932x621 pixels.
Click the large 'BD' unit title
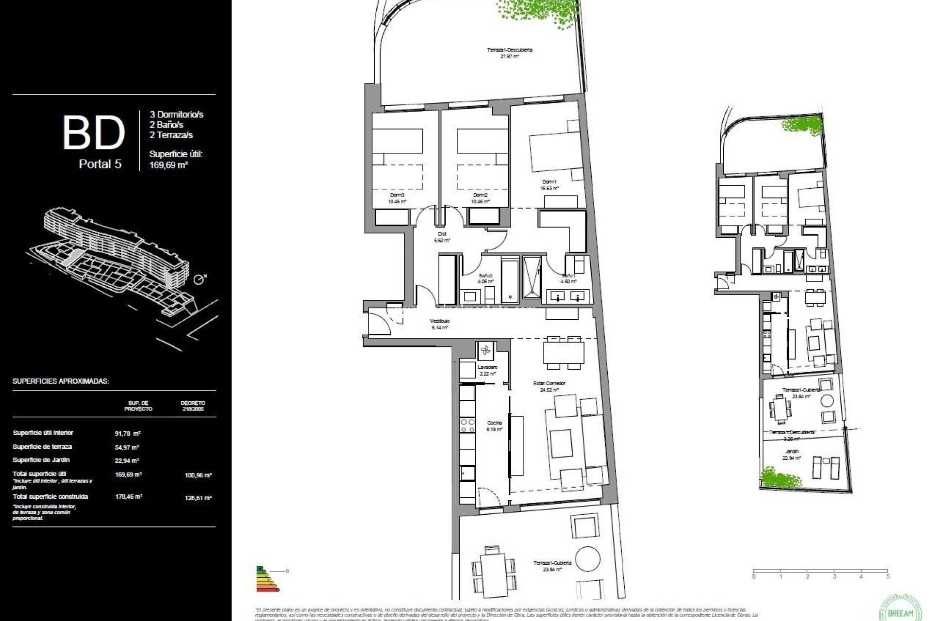(94, 132)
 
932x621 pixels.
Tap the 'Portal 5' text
(100, 164)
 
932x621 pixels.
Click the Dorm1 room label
(549, 182)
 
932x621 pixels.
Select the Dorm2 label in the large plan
(480, 195)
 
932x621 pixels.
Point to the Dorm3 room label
(397, 195)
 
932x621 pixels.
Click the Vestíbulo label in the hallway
(439, 321)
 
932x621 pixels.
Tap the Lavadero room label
(487, 367)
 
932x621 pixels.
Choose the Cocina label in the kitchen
(495, 423)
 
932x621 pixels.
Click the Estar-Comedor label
(549, 383)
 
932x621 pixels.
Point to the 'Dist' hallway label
(442, 234)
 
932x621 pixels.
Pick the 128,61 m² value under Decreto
(198, 498)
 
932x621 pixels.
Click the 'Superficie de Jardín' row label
(41, 460)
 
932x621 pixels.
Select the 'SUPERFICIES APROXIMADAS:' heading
(61, 381)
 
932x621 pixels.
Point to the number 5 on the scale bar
(888, 577)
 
